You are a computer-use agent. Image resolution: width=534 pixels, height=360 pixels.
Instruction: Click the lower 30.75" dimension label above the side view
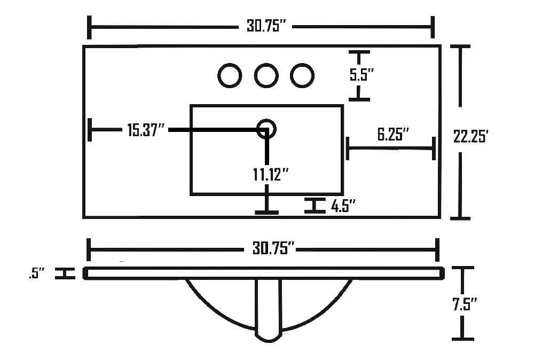pos(273,248)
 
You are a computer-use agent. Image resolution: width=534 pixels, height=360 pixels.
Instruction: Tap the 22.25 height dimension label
pos(471,137)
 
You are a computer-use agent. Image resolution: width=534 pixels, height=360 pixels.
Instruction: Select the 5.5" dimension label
pos(362,75)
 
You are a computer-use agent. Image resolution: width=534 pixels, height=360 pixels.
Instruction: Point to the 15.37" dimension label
pos(146,130)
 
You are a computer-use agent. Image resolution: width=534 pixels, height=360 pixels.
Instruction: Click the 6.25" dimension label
pos(393,134)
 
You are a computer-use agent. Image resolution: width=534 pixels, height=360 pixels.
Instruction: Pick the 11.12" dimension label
pos(271,175)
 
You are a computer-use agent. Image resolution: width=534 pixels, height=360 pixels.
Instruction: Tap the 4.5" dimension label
pos(343,206)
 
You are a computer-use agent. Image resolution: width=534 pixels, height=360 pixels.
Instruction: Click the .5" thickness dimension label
pos(37,273)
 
